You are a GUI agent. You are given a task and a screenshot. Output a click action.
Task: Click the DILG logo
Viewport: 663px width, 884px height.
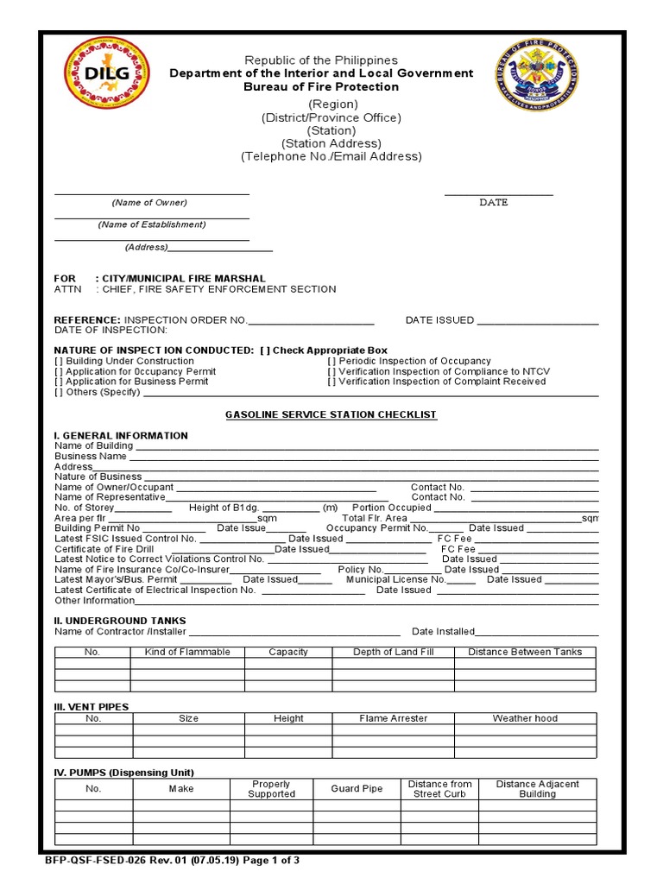[x=107, y=73]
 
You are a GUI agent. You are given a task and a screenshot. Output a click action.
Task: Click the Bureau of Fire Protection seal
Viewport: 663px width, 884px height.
[x=536, y=75]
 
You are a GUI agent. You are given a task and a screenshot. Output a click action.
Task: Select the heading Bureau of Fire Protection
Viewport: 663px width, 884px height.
[x=321, y=87]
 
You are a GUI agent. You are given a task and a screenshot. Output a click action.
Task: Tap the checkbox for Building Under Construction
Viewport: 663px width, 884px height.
[x=59, y=361]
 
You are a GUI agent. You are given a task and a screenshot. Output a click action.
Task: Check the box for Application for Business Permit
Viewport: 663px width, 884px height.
[x=59, y=382]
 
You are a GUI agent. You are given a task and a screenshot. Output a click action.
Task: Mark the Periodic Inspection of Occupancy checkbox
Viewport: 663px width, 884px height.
[x=331, y=361]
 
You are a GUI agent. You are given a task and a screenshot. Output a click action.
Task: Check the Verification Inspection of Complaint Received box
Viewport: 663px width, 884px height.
[x=331, y=382]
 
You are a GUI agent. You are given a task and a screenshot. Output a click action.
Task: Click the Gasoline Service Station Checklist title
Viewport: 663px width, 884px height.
[x=331, y=415]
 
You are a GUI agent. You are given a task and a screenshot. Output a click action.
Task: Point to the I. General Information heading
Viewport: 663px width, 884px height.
[x=121, y=436]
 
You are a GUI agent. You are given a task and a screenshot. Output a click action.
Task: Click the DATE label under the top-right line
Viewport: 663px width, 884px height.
[x=494, y=202]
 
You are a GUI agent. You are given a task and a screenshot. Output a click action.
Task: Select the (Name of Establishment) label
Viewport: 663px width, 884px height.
[x=152, y=224]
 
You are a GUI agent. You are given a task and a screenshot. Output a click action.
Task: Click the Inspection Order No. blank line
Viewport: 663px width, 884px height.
[x=312, y=320]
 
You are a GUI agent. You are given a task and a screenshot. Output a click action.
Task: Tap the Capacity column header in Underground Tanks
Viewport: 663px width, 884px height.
[x=288, y=652]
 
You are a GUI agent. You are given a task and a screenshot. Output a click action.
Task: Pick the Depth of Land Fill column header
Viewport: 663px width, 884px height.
[x=393, y=652]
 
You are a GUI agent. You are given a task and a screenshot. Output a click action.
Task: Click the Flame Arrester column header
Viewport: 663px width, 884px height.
[x=393, y=718]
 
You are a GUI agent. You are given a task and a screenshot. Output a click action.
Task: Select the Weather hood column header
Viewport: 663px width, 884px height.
[x=525, y=718]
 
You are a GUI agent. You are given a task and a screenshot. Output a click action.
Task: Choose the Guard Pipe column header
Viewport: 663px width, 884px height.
[x=357, y=789]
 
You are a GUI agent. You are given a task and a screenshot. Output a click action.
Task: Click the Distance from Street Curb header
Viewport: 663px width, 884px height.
[x=439, y=789]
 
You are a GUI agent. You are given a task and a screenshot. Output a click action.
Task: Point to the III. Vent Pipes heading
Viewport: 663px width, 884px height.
[x=92, y=707]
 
